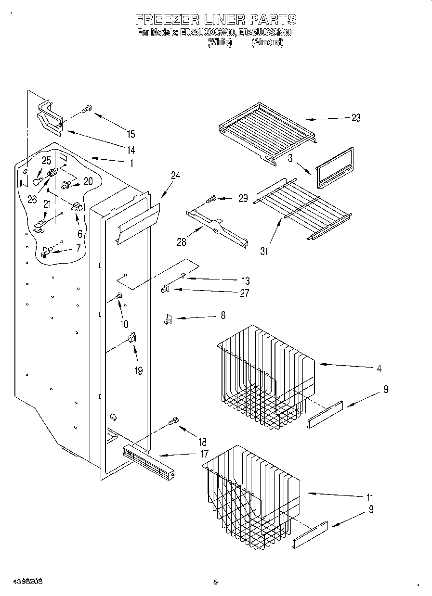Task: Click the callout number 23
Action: [355, 118]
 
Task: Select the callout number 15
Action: [131, 134]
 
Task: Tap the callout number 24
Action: [175, 176]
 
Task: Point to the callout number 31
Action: [264, 251]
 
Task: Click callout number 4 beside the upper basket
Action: [380, 369]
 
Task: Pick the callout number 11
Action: [370, 497]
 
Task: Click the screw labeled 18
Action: [174, 421]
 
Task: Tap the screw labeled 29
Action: [212, 197]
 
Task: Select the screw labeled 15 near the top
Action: [87, 109]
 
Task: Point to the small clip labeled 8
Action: [168, 318]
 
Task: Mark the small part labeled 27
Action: [164, 289]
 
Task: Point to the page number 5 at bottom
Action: [215, 582]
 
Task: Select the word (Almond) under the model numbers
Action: [267, 42]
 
